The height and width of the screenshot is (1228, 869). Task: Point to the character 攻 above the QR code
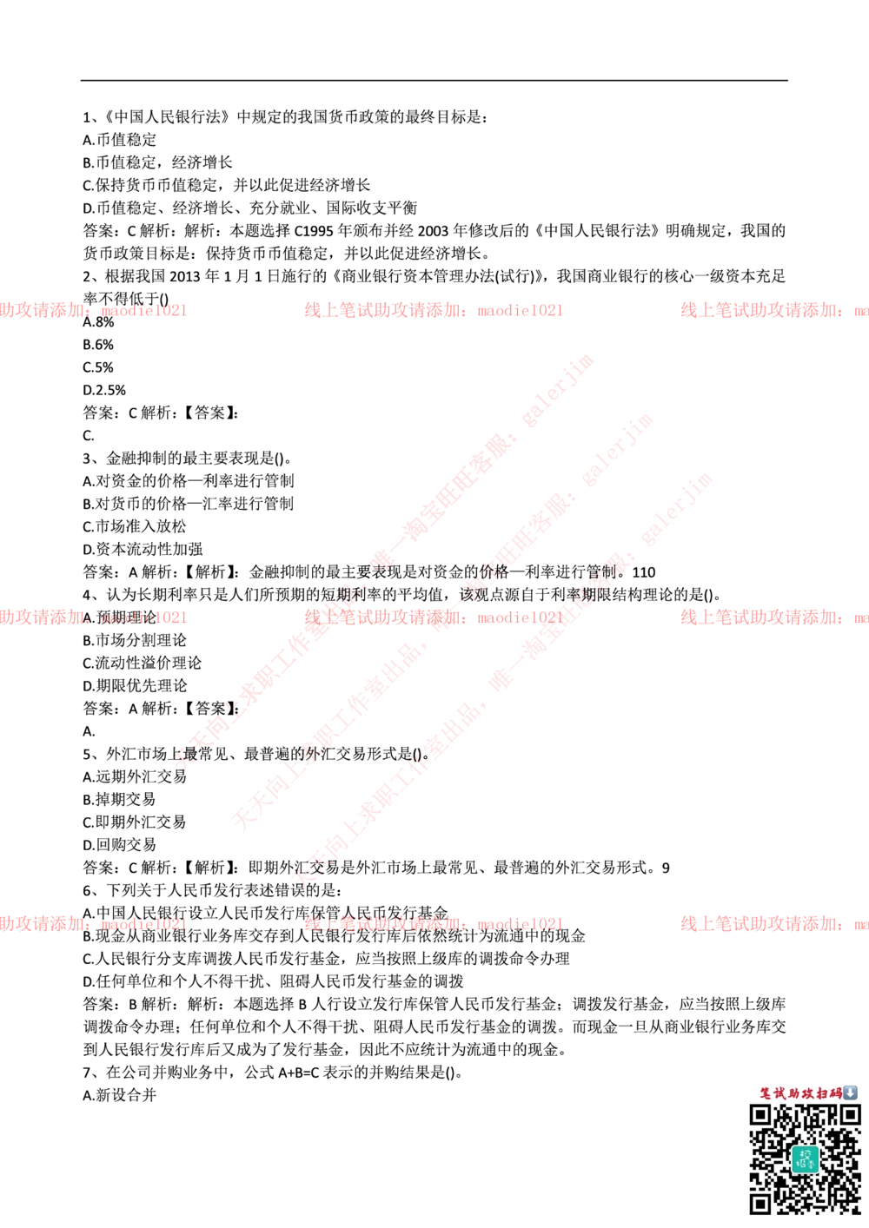808,1093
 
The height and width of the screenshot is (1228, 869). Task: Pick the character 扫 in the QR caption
822,1093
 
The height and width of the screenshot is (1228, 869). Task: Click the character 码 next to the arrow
836,1093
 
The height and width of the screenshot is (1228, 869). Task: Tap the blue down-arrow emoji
850,1093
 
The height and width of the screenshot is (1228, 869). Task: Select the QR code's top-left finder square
761,1116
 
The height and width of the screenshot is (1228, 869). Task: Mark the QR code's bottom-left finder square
761,1203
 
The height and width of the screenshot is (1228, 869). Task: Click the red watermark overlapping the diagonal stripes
433,617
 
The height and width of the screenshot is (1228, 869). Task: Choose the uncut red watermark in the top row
433,310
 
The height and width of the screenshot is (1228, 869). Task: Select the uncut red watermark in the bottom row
433,924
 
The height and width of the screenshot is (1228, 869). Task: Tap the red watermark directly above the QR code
773,924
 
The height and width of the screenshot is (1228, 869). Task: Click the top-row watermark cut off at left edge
93,310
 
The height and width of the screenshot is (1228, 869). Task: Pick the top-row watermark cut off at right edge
773,310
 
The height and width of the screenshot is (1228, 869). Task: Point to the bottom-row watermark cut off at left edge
93,924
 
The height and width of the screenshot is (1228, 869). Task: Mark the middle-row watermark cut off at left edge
93,617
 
